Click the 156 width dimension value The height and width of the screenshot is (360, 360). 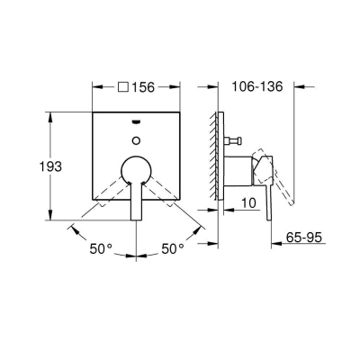click(143, 87)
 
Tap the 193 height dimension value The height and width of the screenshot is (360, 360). click(50, 166)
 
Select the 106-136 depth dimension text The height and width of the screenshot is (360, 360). click(257, 86)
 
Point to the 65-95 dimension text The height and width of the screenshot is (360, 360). click(303, 238)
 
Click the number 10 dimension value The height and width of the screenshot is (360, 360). click(249, 203)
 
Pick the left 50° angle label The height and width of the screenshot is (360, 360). click(101, 248)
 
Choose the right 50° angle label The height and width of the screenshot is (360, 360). click(173, 248)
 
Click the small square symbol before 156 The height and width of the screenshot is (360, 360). click(123, 87)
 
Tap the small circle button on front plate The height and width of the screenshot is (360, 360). click(137, 139)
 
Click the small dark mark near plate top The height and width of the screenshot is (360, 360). click(137, 121)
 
